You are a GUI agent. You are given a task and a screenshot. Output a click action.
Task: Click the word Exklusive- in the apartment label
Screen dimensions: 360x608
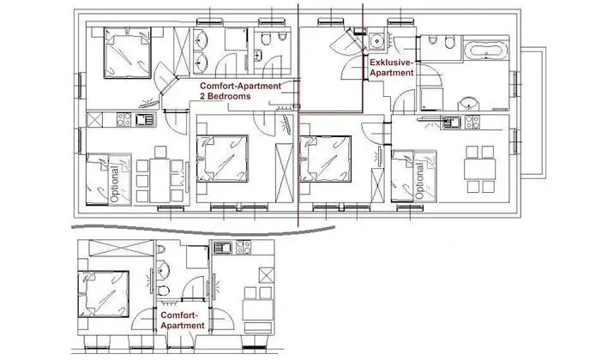pos(393,63)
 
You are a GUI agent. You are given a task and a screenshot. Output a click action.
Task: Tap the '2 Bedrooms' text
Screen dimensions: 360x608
pos(226,98)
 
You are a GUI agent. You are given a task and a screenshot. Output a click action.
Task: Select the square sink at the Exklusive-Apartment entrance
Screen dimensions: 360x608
pos(376,39)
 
